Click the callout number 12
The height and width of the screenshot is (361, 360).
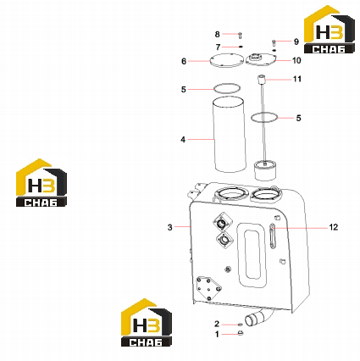tap(334, 227)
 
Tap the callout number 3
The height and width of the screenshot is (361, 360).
tap(169, 227)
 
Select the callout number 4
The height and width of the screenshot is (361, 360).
tap(183, 140)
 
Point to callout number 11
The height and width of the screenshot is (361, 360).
tap(297, 79)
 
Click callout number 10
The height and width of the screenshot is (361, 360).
tap(296, 60)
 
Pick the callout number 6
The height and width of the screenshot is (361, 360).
tap(184, 61)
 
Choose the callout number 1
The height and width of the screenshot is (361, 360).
tap(217, 335)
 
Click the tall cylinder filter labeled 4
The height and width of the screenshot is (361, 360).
tap(229, 135)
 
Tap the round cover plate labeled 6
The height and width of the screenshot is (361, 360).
tap(227, 60)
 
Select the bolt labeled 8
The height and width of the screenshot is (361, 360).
tap(240, 36)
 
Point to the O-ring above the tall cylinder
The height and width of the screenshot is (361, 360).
tap(227, 84)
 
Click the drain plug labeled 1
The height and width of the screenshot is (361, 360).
tap(241, 334)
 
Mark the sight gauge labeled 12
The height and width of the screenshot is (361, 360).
tap(272, 236)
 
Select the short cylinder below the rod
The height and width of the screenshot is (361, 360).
tap(265, 169)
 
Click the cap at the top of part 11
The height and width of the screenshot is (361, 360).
tap(262, 79)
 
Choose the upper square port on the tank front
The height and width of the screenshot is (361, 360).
tap(223, 223)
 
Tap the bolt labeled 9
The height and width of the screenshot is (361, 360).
tap(274, 43)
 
